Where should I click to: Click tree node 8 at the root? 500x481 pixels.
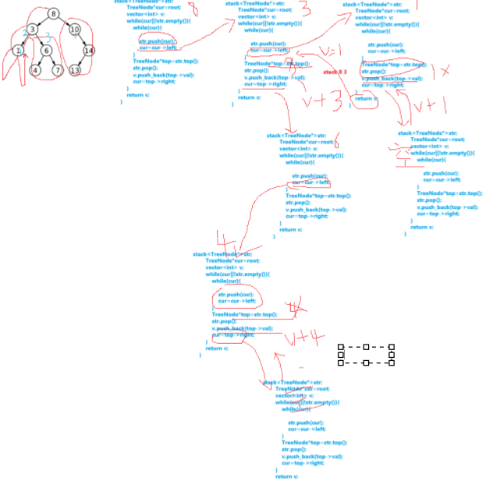coord(53,13)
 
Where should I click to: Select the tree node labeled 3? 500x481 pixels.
coord(32,30)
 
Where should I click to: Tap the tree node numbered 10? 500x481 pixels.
coord(75,30)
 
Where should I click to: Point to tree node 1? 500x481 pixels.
coord(17,51)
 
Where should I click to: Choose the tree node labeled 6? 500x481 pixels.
coord(46,51)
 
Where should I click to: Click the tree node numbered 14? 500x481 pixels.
coord(89,51)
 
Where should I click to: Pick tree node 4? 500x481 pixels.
coord(35,70)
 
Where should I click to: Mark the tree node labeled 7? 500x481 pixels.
coord(58,70)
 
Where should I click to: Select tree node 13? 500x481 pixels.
coord(75,70)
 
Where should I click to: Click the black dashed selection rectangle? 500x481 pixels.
coord(366,355)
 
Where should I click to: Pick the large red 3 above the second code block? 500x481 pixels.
coord(305,9)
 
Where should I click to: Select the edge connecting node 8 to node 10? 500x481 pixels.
coord(64,21)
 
